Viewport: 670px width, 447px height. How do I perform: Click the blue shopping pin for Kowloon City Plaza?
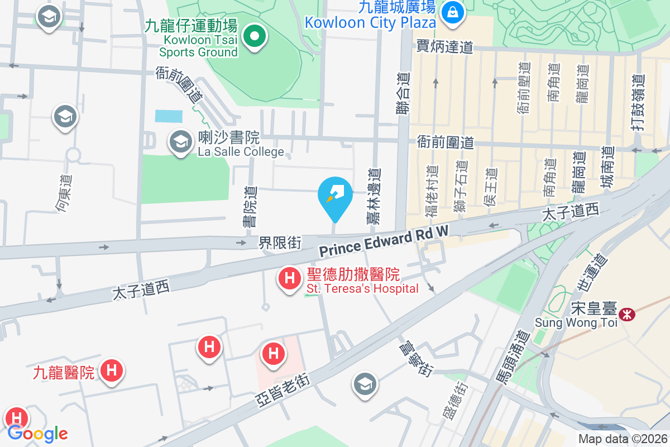[x=452, y=12]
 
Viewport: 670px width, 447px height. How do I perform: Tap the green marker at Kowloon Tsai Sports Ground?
[x=255, y=37]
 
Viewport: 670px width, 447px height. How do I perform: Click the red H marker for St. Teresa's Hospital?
[x=290, y=278]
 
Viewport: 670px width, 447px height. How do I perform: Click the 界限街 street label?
[x=280, y=243]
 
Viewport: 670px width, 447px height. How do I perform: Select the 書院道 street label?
[x=250, y=207]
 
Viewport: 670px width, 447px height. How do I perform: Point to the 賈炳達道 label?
[x=444, y=47]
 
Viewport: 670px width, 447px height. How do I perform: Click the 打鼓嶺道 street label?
[x=640, y=103]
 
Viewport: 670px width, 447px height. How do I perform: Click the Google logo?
[x=37, y=434]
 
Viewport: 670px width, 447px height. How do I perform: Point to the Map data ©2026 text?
[x=623, y=439]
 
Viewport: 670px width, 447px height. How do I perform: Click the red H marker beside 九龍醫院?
[x=112, y=370]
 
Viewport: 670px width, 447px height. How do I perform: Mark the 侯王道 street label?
[x=490, y=187]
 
